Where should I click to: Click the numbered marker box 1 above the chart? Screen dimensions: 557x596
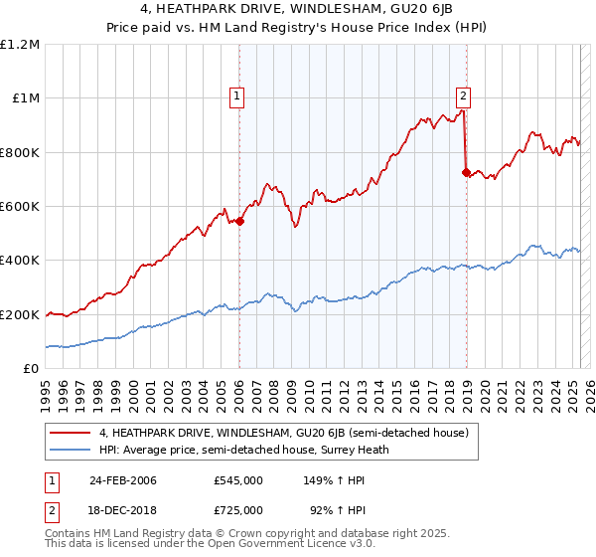(238, 96)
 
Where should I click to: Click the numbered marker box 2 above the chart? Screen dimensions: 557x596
(464, 96)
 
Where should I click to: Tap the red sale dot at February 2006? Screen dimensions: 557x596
(239, 222)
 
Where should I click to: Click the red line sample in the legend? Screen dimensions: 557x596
(71, 433)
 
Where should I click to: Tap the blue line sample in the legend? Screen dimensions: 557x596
(71, 450)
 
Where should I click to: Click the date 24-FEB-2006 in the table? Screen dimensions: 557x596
(123, 479)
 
